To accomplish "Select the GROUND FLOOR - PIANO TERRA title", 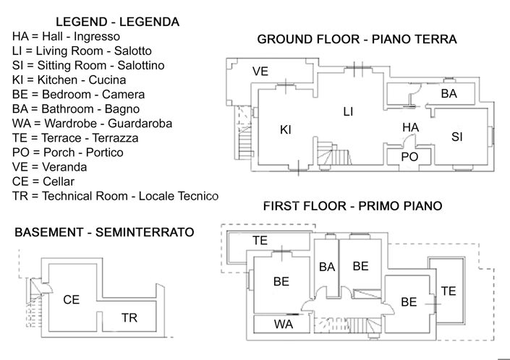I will (357, 40).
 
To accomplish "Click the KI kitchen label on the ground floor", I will (285, 130).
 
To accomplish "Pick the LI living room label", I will (348, 111).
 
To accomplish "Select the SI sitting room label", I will (456, 136).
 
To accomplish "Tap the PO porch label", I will (409, 157).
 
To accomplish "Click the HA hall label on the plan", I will (410, 127).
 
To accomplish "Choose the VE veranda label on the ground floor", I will (260, 71).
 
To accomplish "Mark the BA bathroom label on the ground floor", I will (449, 94).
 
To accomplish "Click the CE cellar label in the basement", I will (71, 299).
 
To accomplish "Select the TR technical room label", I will (129, 317).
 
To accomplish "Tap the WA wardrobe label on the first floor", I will (283, 325).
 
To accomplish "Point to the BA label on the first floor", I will (327, 267).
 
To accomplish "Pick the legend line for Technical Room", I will (115, 196).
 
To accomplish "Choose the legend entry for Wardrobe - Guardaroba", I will (92, 124).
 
